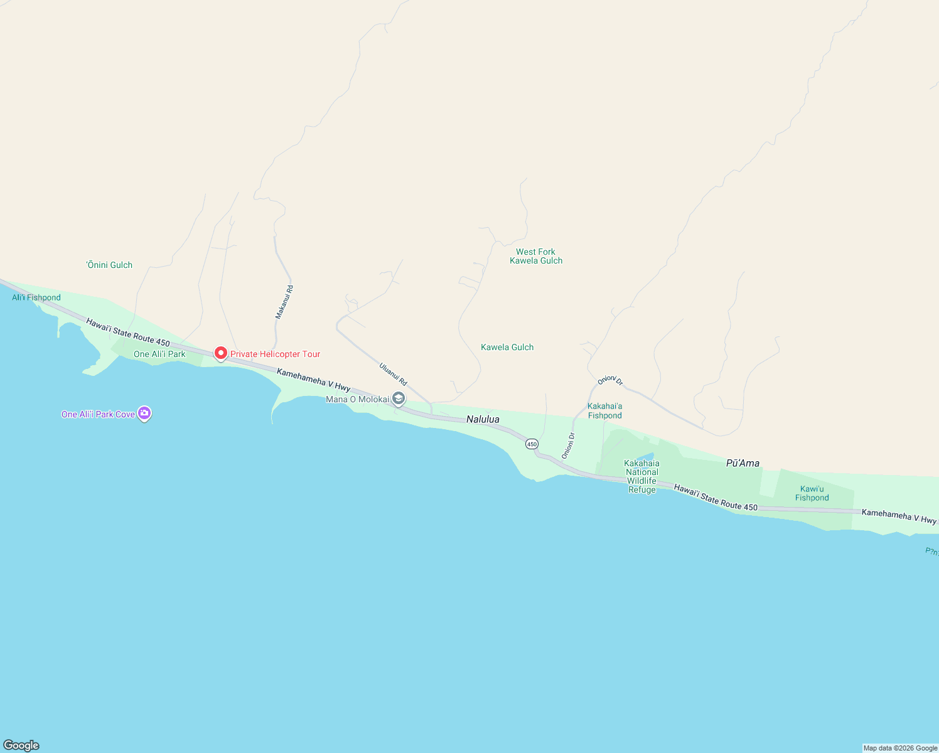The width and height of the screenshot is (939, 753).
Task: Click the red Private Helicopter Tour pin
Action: tap(220, 353)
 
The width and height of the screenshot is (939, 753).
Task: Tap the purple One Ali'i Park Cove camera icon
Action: tap(144, 414)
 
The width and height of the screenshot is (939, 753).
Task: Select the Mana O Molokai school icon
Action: tap(399, 398)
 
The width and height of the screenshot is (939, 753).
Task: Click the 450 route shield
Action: tap(532, 444)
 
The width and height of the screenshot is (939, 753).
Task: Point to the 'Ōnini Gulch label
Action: tap(110, 265)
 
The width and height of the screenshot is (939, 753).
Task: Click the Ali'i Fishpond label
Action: tap(36, 297)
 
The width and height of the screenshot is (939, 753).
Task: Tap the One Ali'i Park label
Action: tap(159, 354)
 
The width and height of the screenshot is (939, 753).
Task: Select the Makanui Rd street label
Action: tap(284, 302)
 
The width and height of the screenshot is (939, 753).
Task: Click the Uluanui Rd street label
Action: tap(394, 374)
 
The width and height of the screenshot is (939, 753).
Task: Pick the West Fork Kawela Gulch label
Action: tap(536, 256)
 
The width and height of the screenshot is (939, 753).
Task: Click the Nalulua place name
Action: tap(483, 419)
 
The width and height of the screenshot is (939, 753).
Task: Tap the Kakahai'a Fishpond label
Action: tap(605, 411)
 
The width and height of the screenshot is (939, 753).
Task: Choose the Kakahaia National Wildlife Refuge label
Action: tap(641, 477)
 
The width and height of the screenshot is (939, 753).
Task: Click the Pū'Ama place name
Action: tap(743, 463)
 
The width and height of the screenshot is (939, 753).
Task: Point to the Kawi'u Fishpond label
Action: tap(812, 493)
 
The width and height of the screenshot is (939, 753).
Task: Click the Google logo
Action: tap(21, 745)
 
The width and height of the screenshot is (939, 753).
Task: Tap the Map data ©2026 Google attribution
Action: tap(900, 748)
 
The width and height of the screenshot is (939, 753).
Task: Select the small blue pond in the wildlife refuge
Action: tap(646, 456)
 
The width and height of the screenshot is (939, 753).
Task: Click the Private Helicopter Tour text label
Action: tap(275, 354)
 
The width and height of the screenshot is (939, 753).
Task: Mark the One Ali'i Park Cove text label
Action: tap(98, 414)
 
